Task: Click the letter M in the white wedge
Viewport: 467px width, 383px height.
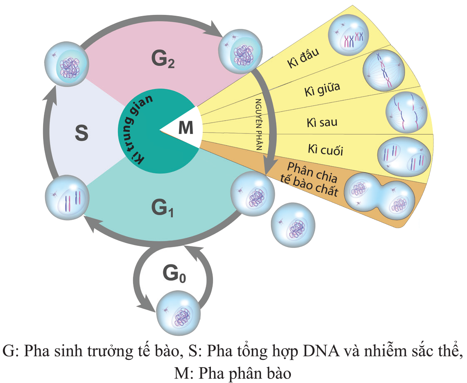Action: point(185,128)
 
